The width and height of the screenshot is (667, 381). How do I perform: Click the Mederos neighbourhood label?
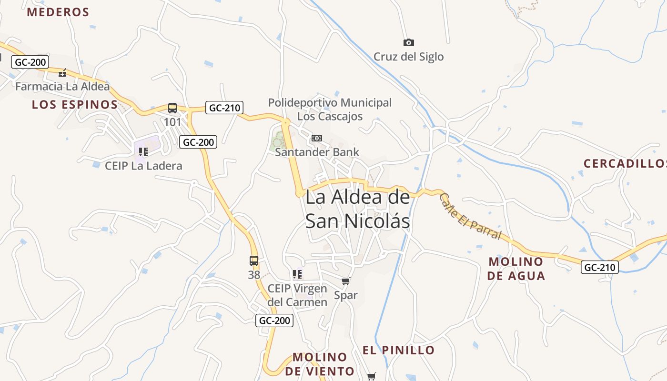[x=58, y=12]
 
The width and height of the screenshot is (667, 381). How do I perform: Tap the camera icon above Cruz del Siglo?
[x=408, y=43]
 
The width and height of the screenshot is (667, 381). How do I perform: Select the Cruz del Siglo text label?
[x=408, y=57]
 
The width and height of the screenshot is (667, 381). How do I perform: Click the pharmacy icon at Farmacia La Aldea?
[x=62, y=73]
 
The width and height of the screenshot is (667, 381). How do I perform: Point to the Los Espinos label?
[x=75, y=105]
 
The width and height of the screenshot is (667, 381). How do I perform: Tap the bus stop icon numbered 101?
[x=172, y=108]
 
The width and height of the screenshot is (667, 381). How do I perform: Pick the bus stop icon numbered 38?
[x=254, y=261]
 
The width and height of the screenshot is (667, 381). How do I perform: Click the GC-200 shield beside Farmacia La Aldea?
[x=30, y=62]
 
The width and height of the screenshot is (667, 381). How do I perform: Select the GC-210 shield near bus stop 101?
[x=224, y=108]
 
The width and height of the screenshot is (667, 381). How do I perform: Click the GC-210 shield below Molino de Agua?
[x=600, y=267]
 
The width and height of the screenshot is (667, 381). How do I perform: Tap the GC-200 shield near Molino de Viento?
[x=274, y=321]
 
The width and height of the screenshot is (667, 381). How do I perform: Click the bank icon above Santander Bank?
[x=317, y=138]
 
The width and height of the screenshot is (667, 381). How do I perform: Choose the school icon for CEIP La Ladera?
[x=143, y=152]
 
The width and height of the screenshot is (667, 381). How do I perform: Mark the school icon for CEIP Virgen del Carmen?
[x=297, y=274]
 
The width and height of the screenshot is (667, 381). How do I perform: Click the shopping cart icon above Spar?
[x=346, y=281]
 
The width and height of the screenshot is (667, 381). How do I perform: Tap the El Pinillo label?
[x=398, y=351]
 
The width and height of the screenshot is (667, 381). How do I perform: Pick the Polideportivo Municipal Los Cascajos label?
[x=330, y=109]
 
